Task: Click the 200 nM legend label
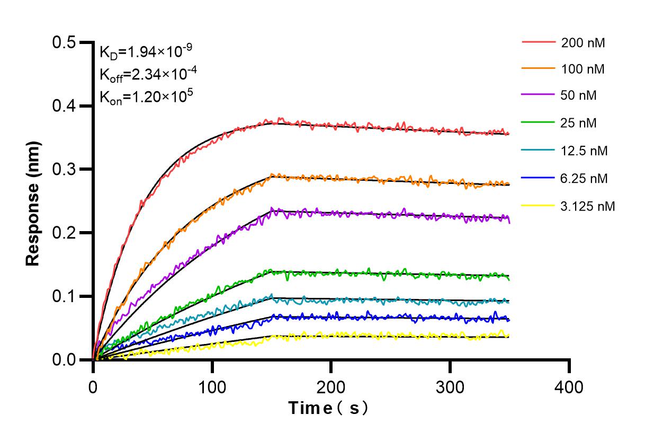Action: pyautogui.click(x=583, y=43)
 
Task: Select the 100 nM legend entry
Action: pyautogui.click(x=583, y=69)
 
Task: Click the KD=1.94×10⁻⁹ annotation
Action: pyautogui.click(x=146, y=51)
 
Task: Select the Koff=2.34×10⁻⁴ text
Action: pyautogui.click(x=146, y=74)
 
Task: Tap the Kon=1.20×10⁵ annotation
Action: pyautogui.click(x=146, y=96)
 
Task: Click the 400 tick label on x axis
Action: pyautogui.click(x=569, y=387)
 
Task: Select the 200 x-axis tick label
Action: pyautogui.click(x=331, y=387)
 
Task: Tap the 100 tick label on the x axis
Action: pyautogui.click(x=212, y=387)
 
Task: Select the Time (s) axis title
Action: pyautogui.click(x=328, y=409)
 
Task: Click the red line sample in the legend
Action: pyautogui.click(x=539, y=42)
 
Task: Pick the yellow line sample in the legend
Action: pyautogui.click(x=539, y=206)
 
